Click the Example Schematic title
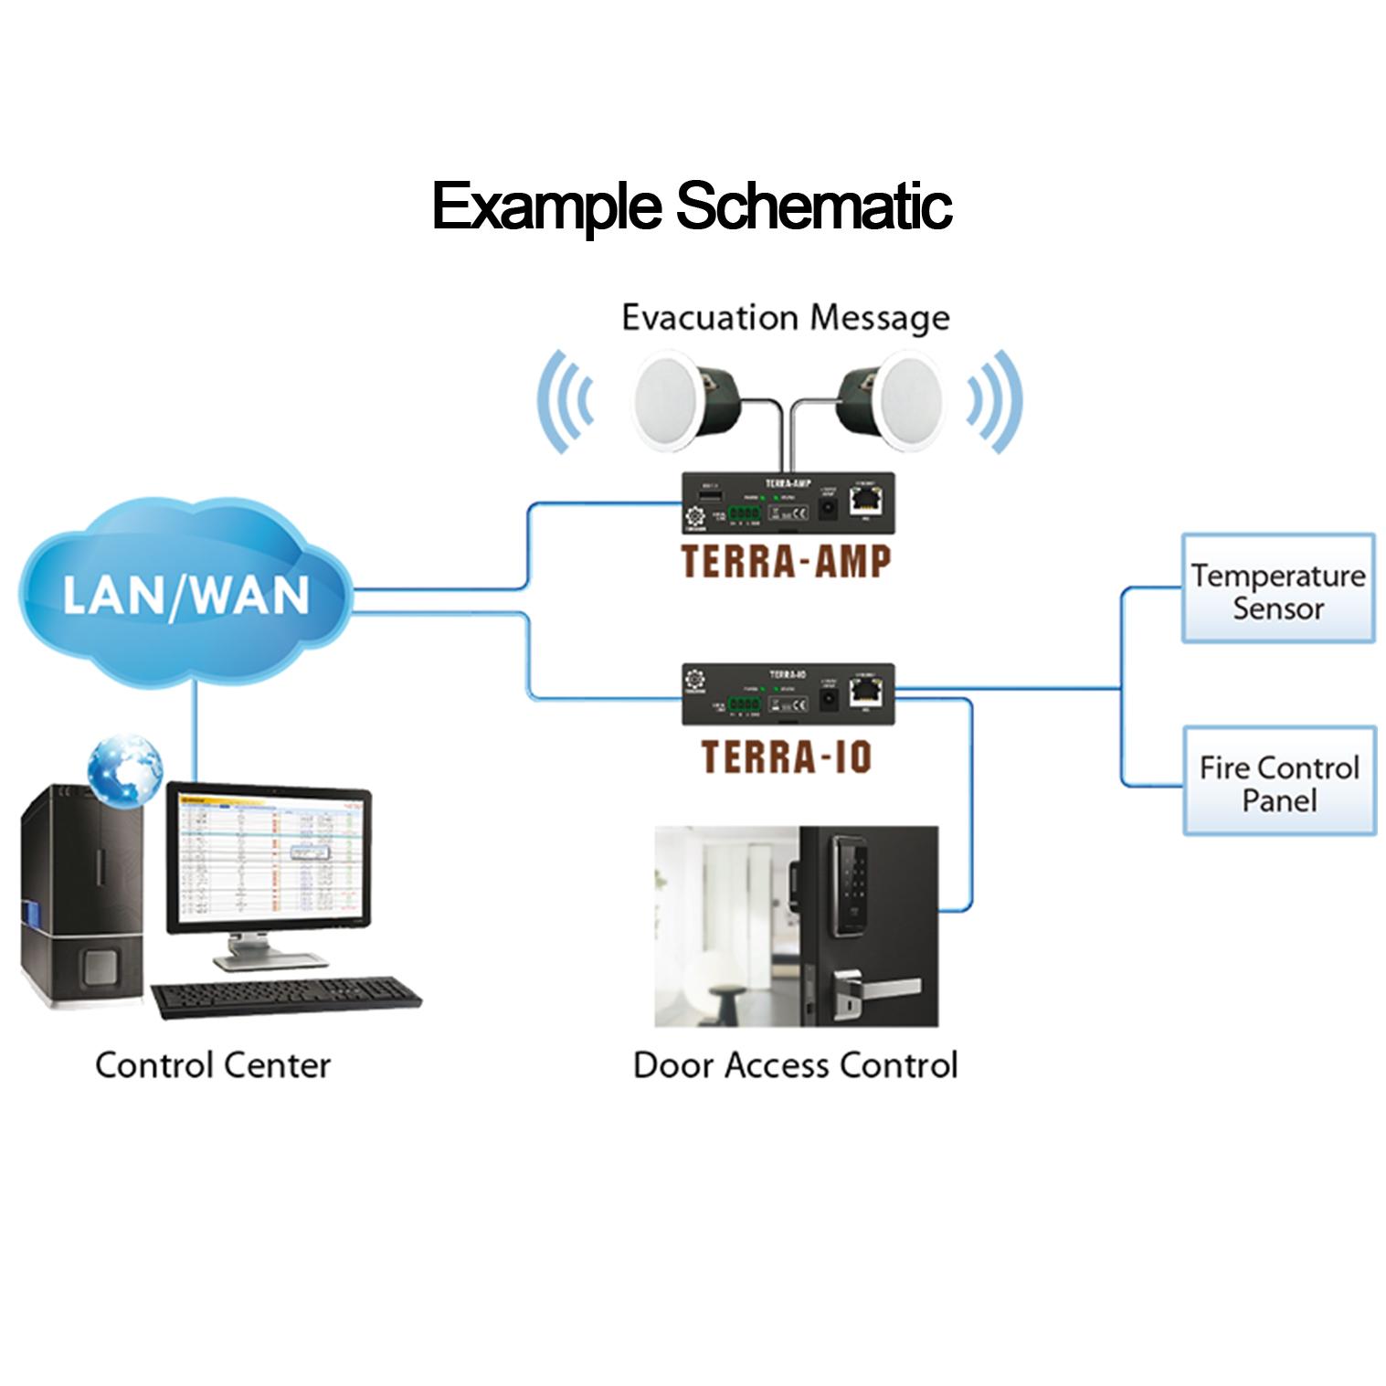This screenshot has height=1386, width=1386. tap(692, 206)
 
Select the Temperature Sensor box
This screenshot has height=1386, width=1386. tap(1277, 589)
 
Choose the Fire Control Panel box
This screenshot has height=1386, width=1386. tap(1278, 781)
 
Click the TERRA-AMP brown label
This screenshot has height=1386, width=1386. tap(785, 561)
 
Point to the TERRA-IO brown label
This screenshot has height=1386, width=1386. tap(786, 756)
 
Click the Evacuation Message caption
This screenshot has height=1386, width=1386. tap(785, 317)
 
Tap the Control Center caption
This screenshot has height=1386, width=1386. tap(212, 1065)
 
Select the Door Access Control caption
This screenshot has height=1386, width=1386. tap(795, 1065)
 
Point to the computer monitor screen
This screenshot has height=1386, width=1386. tap(267, 857)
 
